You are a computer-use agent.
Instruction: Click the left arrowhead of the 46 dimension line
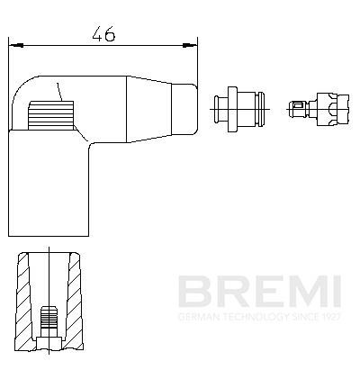12,41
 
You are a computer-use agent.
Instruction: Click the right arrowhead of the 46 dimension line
193,41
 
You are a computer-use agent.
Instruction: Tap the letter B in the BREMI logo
193,291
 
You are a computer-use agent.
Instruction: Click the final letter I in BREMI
334,291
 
